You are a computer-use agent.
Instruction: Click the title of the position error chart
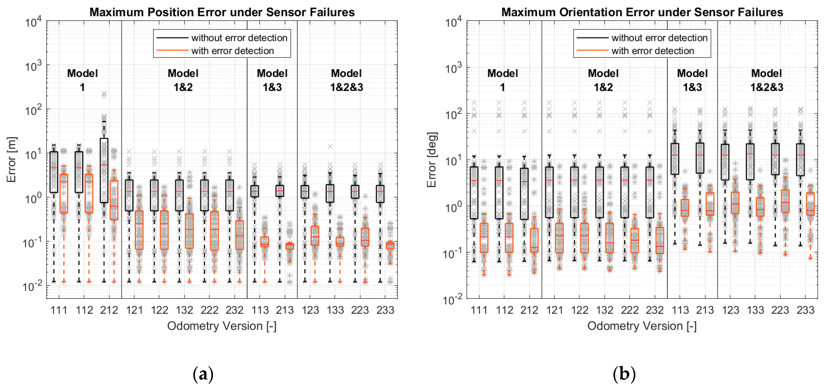[222, 12]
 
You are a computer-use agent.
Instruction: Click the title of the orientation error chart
[642, 12]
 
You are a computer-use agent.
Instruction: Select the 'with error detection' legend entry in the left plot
[232, 51]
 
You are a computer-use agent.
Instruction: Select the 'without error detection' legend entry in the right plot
[659, 37]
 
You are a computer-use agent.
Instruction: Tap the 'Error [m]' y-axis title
[11, 160]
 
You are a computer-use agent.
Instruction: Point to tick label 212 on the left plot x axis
[109, 310]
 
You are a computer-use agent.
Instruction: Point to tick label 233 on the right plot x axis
[805, 310]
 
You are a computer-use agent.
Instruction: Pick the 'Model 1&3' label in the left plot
[272, 80]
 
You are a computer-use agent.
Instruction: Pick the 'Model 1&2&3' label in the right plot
[767, 80]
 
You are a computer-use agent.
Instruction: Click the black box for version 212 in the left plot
[104, 170]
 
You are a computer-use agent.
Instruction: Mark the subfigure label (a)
[203, 374]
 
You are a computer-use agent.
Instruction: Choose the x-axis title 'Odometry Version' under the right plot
[642, 326]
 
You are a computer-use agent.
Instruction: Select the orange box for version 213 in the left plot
[290, 246]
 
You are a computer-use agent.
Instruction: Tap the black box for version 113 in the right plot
[675, 159]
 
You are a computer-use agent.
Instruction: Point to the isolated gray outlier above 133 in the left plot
[330, 146]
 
